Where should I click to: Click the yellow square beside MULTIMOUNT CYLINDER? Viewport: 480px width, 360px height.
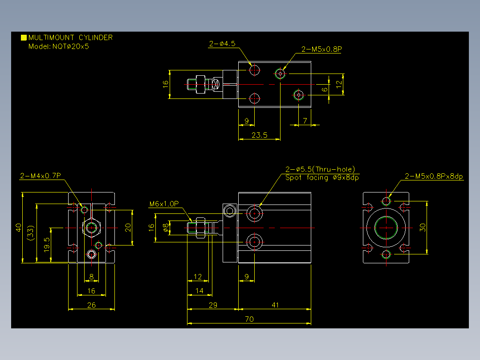[24, 38]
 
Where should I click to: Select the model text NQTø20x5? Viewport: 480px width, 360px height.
[70, 47]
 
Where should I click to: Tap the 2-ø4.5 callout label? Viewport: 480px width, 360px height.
[222, 44]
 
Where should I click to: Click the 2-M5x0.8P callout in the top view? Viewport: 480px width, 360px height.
[321, 49]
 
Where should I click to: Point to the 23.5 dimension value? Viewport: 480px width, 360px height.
[259, 135]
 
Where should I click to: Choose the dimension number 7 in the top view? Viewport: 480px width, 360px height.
[305, 121]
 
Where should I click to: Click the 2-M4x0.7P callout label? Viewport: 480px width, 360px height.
[41, 176]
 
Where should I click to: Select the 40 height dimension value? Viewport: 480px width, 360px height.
[19, 228]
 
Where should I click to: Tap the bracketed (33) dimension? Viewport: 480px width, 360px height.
[31, 233]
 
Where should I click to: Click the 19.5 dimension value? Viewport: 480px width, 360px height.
[47, 245]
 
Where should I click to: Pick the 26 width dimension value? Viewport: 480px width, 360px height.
[91, 305]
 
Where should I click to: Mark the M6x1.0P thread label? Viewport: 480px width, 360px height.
[164, 204]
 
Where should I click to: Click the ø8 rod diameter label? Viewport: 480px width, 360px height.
[166, 227]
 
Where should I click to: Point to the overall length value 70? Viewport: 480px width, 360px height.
[249, 319]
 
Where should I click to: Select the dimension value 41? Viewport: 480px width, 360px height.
[275, 305]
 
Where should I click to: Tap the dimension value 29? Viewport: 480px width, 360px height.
[213, 305]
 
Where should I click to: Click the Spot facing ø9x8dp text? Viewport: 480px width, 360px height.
[322, 178]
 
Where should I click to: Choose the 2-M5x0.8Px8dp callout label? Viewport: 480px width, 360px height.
[434, 176]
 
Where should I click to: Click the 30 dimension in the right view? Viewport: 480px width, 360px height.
[423, 227]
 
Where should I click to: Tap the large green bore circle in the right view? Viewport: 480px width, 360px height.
[386, 217]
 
